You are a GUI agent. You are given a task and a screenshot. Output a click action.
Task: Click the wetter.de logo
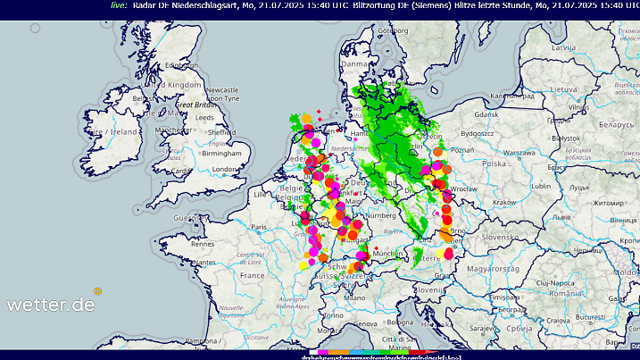click(51, 304)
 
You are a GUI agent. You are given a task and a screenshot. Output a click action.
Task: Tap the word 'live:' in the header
click(119, 4)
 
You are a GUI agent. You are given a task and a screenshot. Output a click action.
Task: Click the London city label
click(222, 169)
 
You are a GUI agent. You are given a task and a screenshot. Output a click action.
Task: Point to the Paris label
click(260, 227)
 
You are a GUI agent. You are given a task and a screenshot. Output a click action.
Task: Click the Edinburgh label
click(180, 64)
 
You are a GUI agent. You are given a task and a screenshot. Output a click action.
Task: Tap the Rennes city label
click(204, 243)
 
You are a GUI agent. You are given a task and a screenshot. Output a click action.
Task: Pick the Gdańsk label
click(486, 115)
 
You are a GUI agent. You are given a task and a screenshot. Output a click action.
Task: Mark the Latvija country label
click(562, 46)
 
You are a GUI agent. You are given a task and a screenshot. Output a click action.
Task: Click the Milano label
click(356, 297)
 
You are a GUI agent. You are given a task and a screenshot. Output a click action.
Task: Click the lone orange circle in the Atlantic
click(98, 290)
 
